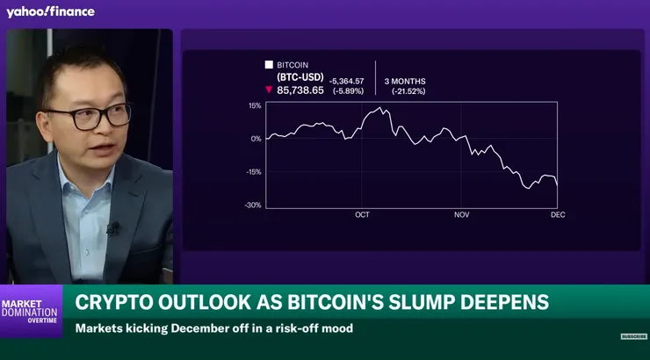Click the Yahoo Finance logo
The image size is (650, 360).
[x=50, y=11]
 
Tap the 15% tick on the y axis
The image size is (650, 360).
[x=255, y=105]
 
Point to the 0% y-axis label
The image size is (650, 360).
[x=256, y=139]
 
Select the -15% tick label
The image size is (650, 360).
[x=253, y=172]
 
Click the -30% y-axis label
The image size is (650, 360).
[x=253, y=205]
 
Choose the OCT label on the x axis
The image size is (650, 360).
[x=362, y=215]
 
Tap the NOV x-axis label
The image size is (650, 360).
[x=462, y=215]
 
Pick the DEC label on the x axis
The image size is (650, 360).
[x=557, y=215]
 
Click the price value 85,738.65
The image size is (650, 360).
[x=300, y=90]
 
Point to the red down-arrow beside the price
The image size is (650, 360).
[x=270, y=90]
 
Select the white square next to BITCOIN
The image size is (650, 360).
[x=269, y=65]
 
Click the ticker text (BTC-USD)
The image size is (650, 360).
[x=300, y=77]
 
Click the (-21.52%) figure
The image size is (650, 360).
[x=408, y=90]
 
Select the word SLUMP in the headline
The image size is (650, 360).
[x=452, y=302]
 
